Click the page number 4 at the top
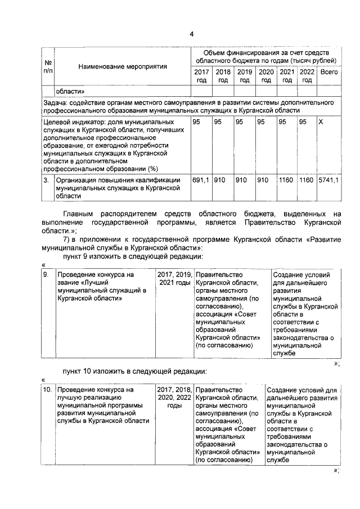(x=191, y=34)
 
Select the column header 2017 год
(x=201, y=76)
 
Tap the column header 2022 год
(x=307, y=76)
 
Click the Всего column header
(x=328, y=72)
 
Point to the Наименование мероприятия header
(x=123, y=66)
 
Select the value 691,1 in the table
(x=201, y=180)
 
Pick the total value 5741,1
(x=328, y=180)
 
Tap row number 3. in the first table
(x=46, y=180)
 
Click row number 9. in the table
(x=46, y=274)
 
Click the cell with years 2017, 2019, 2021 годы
(x=174, y=278)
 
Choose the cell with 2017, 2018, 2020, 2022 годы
(x=174, y=397)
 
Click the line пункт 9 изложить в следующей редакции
(x=132, y=256)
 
